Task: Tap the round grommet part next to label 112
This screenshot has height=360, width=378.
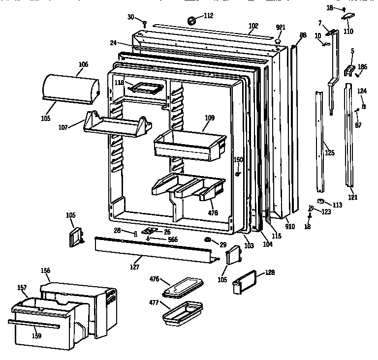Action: click(192, 21)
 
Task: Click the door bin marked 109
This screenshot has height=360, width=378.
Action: click(189, 146)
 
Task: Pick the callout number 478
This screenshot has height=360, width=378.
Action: click(213, 213)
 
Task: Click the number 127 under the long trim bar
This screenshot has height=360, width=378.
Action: click(135, 267)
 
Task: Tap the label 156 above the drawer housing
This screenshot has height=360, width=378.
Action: click(45, 270)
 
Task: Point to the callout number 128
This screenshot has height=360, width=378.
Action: click(270, 272)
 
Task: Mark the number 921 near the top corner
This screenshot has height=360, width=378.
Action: click(280, 28)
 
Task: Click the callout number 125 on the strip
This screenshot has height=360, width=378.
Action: click(329, 153)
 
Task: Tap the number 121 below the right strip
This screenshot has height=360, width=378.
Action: click(352, 197)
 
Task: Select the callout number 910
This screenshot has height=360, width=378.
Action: click(290, 227)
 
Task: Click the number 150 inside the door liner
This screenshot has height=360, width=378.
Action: click(238, 159)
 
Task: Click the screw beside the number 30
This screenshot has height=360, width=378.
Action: click(145, 23)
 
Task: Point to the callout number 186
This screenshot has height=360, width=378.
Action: click(362, 66)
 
